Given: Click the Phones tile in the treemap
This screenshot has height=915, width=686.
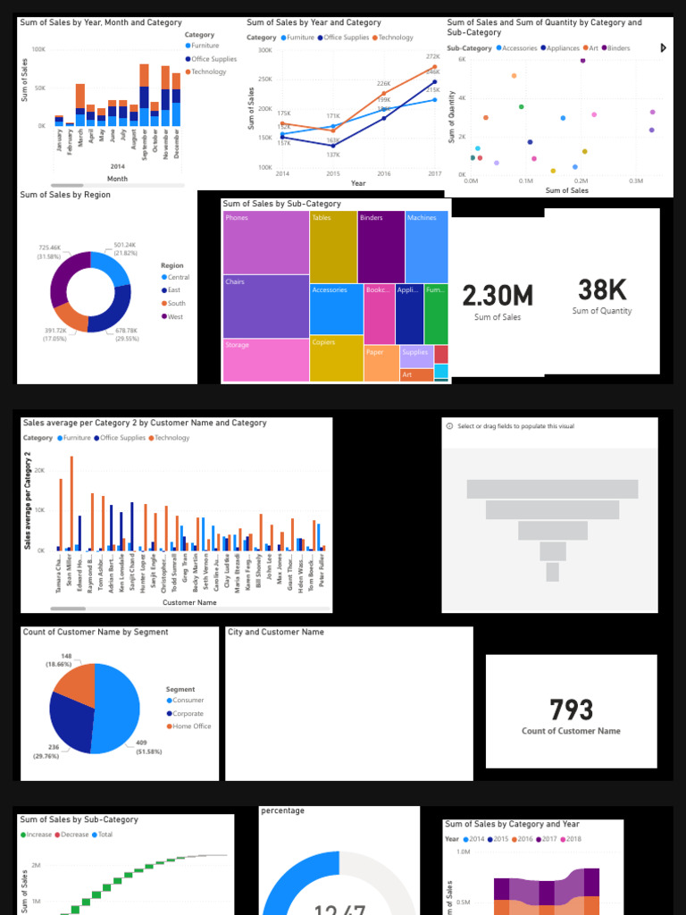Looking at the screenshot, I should [265, 242].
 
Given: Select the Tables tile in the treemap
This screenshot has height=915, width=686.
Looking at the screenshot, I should [333, 247].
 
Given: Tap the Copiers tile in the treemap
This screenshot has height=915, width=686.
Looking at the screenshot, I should [336, 357].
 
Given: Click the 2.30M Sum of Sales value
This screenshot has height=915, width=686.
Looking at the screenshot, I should [498, 296].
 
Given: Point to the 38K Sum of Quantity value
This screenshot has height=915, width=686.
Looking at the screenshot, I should [602, 290].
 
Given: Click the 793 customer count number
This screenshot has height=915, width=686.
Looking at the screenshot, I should [571, 709].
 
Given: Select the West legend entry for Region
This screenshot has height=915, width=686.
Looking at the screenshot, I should [174, 316].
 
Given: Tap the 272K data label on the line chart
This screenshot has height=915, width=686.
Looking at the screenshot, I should [433, 56].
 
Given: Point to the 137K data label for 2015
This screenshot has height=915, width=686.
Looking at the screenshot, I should [333, 155].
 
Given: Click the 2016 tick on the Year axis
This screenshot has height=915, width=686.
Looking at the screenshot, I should [384, 173].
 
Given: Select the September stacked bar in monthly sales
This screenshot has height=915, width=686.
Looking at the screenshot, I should [145, 98].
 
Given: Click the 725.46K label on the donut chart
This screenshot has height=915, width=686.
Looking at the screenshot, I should [50, 248].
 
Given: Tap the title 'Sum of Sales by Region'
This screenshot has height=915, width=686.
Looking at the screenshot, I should [65, 195].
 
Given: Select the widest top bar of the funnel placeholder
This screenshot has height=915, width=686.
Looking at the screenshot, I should [552, 489].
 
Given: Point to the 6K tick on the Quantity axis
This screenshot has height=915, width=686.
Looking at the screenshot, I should [462, 59].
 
